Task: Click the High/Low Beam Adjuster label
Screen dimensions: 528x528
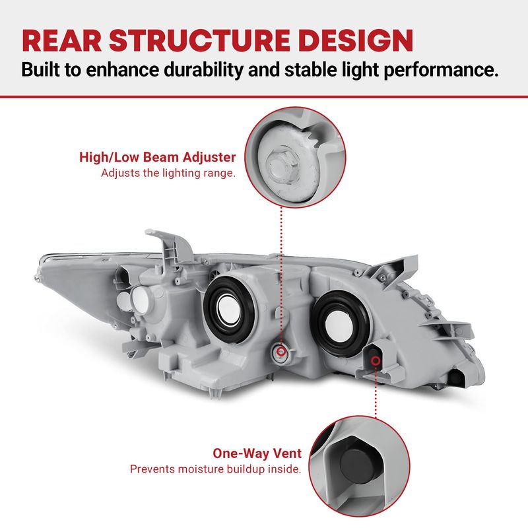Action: pos(157,157)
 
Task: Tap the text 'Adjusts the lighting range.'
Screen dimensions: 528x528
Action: pos(168,174)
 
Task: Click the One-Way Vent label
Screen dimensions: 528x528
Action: pos(257,453)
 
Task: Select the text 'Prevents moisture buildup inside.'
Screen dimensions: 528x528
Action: pos(215,470)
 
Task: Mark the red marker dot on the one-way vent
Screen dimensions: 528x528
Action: pos(377,360)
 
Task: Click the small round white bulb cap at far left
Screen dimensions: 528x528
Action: pos(137,298)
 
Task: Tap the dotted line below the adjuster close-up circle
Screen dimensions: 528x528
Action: pos(282,277)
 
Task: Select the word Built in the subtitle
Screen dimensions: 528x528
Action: pos(42,71)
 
